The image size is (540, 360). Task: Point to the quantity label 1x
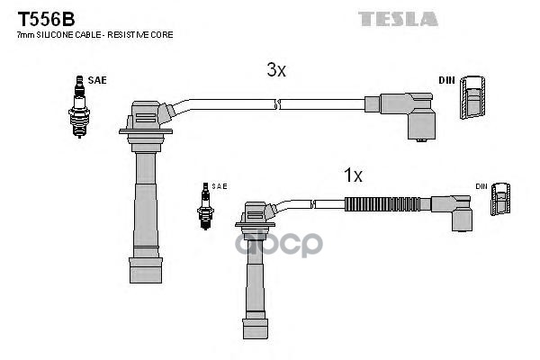pyautogui.click(x=353, y=175)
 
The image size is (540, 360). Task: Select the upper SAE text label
pyautogui.click(x=97, y=80)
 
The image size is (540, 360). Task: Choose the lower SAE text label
pyautogui.click(x=220, y=186)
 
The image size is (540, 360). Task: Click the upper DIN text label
pyautogui.click(x=446, y=81)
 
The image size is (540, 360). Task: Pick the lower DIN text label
pyautogui.click(x=482, y=186)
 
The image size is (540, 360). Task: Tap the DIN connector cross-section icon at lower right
pyautogui.click(x=501, y=202)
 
